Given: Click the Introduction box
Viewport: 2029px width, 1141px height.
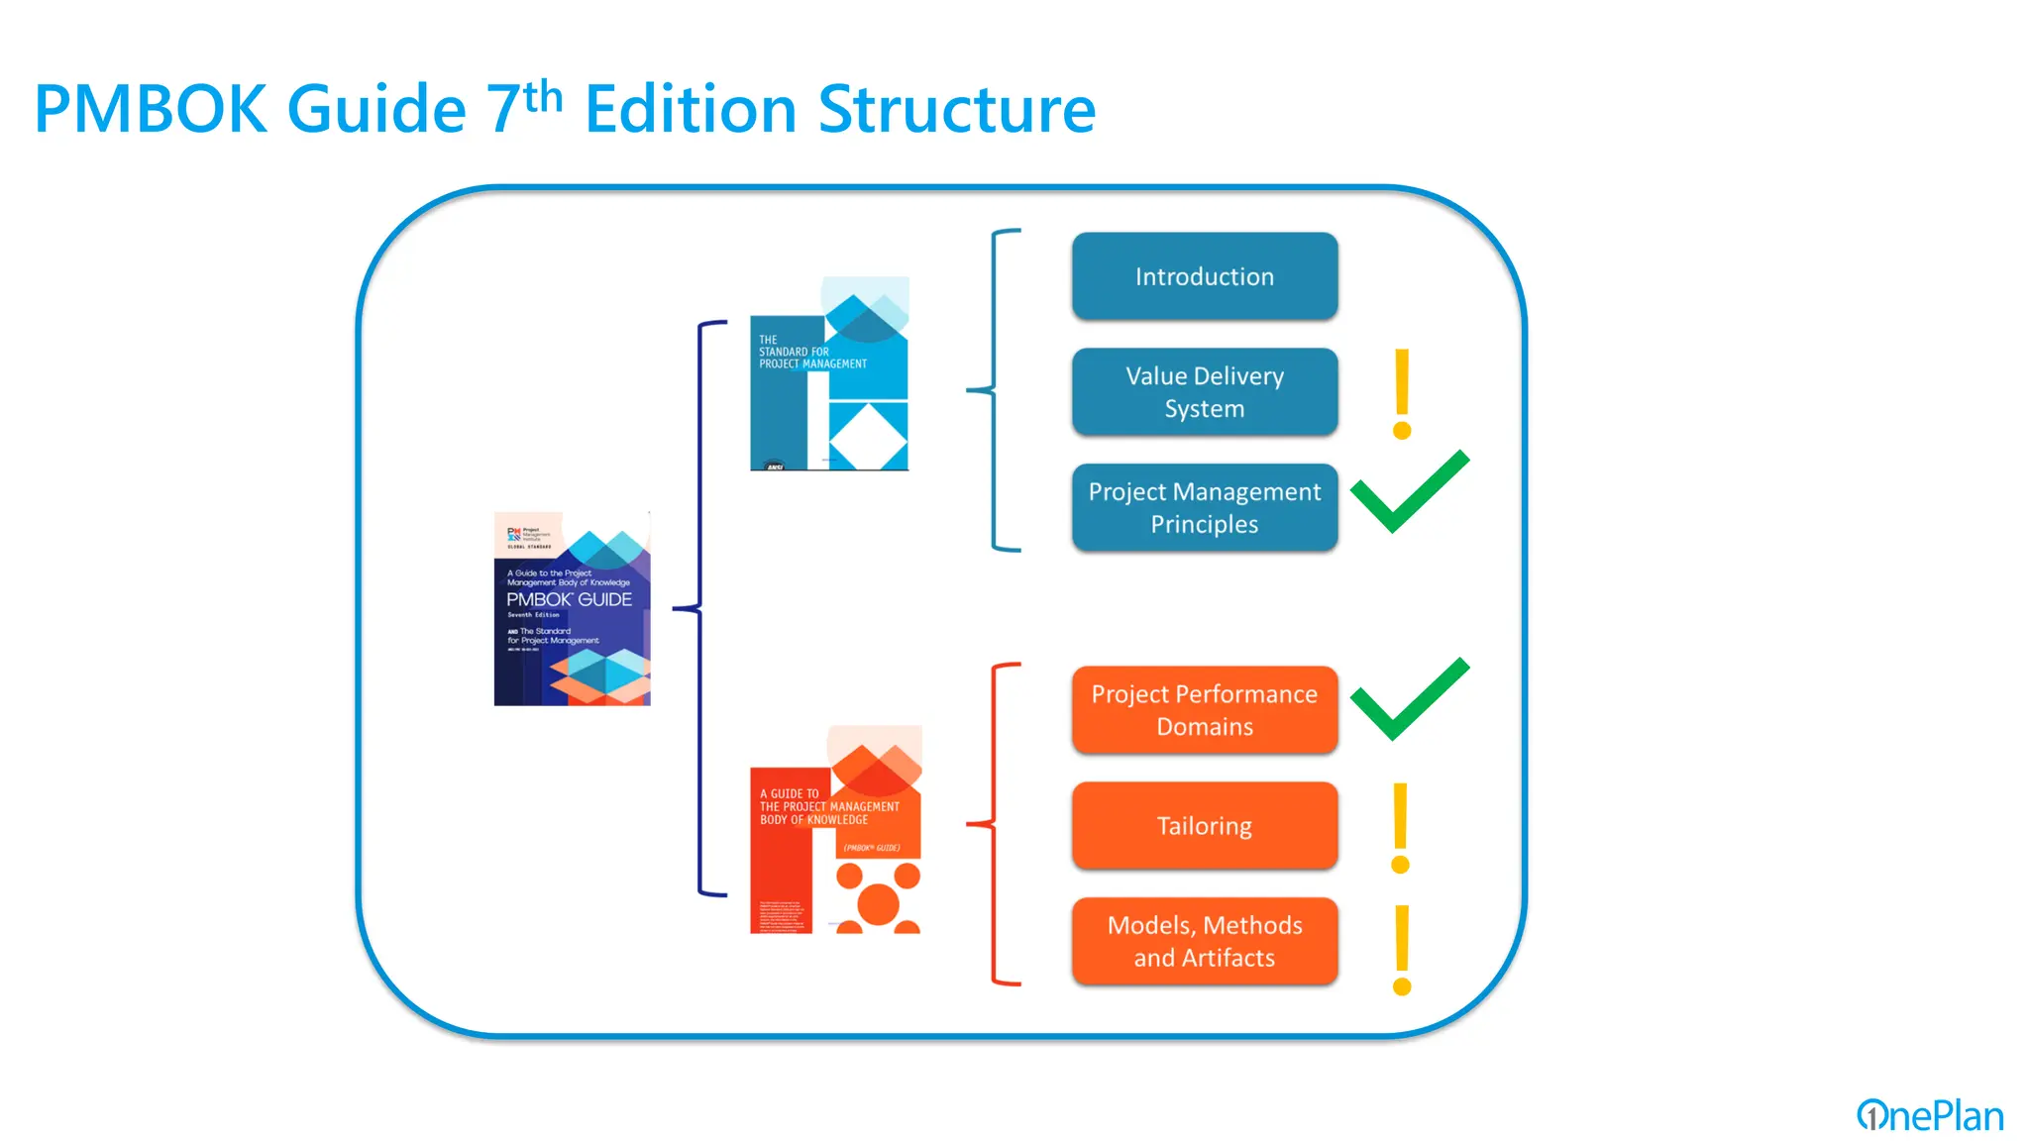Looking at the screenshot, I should coord(1204,276).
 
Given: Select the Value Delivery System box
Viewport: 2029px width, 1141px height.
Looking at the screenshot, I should coord(1204,392).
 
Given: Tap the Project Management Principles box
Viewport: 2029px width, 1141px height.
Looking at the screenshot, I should coord(1204,507).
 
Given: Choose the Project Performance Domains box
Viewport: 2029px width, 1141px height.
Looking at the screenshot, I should coord(1204,710).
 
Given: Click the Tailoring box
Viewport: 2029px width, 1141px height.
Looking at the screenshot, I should coord(1204,826).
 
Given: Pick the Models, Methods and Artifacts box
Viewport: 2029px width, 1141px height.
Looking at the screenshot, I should coord(1204,941).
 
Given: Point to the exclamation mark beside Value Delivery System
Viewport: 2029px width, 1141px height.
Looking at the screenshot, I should coord(1401,393).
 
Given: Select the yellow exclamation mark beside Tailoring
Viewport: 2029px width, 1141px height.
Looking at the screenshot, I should coord(1400,828).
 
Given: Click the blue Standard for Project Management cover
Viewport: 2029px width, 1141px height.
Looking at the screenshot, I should coord(829,374).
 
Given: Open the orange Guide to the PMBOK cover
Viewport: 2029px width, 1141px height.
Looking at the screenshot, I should coord(835,830).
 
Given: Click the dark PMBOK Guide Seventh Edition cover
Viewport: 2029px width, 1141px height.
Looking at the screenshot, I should coord(572,608).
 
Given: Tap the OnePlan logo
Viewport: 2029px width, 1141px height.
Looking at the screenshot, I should coord(1929,1115).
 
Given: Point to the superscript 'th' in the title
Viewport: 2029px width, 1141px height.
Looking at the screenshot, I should coord(543,97).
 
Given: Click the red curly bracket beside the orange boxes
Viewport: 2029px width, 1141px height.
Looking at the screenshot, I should coord(994,824).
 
